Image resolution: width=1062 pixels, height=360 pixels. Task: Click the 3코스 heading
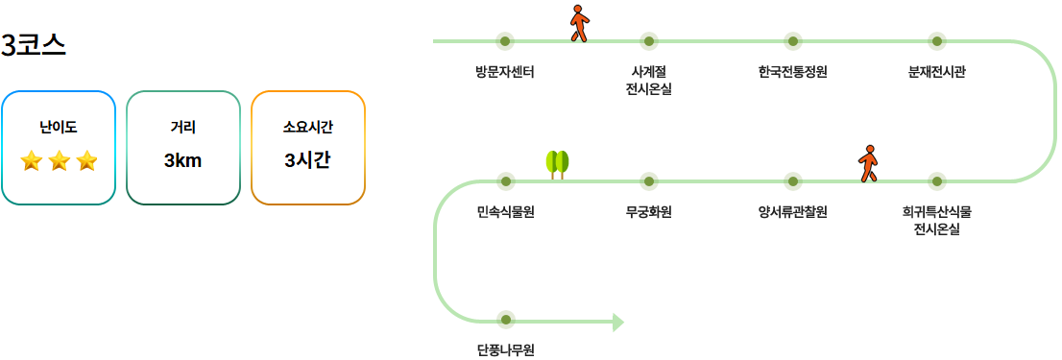click(34, 45)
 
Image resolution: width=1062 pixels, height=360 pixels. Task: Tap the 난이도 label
click(59, 126)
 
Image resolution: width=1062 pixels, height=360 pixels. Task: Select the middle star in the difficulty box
click(59, 160)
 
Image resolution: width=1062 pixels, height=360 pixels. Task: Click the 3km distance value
click(182, 160)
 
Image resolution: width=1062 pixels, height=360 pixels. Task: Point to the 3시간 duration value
click(307, 160)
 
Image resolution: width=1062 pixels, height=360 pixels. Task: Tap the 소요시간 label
click(307, 126)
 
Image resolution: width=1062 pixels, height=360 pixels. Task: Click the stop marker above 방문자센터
click(505, 41)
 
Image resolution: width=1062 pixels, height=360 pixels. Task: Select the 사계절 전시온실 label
click(648, 81)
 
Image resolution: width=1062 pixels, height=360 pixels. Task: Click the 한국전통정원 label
click(792, 71)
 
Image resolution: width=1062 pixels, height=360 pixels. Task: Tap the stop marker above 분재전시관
click(937, 41)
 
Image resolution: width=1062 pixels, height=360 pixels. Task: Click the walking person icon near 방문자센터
click(578, 23)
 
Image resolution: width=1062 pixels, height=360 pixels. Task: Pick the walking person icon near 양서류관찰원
click(868, 163)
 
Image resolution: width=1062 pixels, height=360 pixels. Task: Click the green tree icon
click(557, 164)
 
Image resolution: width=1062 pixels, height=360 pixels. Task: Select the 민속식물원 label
click(505, 211)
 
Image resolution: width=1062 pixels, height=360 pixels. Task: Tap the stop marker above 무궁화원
click(648, 180)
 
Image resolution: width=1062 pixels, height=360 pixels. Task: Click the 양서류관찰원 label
click(792, 211)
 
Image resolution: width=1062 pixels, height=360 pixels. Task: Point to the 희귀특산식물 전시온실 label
click(937, 220)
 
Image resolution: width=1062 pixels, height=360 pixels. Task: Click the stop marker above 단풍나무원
click(505, 320)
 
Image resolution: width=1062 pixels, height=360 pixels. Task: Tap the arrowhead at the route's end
click(617, 322)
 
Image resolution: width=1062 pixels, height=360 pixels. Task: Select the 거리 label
click(182, 126)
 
